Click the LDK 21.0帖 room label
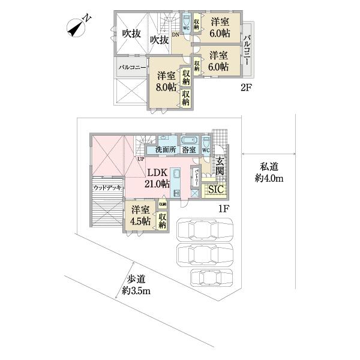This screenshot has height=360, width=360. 157,179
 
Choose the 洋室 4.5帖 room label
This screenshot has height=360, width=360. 141,216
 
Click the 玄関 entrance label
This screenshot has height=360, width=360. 220,166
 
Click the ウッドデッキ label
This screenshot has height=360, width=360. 108,188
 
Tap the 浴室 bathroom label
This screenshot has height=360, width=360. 190,149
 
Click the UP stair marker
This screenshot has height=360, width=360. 140,159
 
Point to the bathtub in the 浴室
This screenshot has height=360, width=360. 190,142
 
